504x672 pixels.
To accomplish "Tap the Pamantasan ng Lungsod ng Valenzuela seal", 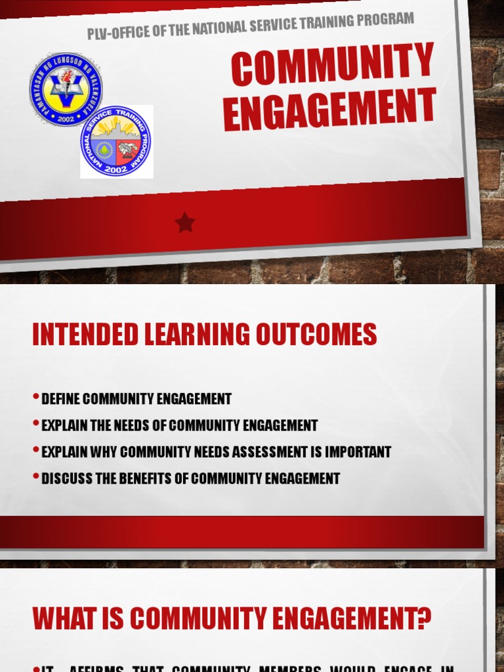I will (66, 89).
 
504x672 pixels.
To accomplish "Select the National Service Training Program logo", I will (116, 142).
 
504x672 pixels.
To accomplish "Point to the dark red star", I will (185, 223).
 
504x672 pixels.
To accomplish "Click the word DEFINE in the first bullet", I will (61, 399).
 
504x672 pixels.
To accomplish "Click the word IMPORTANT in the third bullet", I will (355, 451).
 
